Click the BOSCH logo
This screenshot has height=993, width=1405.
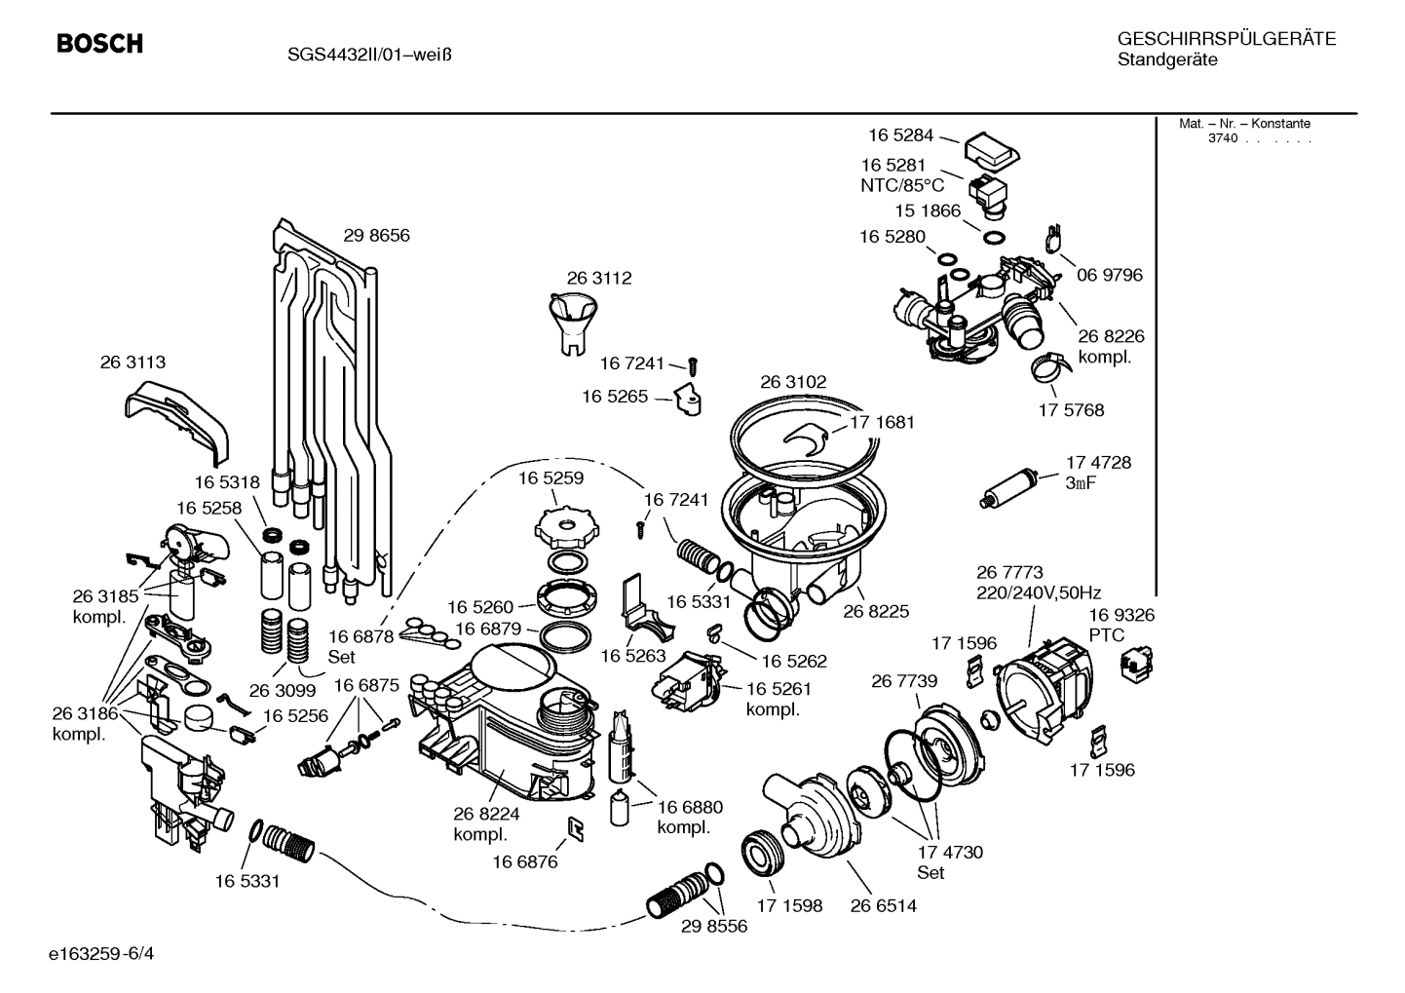pos(99,44)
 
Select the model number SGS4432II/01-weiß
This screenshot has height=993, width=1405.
pos(368,54)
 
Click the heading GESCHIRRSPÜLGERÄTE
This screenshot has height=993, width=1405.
pos(1226,39)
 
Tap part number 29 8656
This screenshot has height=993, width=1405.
pos(376,235)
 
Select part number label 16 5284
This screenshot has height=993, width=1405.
pos(901,135)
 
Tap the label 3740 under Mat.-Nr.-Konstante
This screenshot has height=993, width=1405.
pos(1222,138)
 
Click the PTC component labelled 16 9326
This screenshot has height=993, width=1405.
pos(1134,665)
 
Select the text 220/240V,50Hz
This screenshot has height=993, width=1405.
pos(1039,592)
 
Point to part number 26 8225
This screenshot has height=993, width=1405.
pos(876,611)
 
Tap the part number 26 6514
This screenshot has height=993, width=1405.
pos(883,905)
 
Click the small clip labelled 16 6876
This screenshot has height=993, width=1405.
pos(576,829)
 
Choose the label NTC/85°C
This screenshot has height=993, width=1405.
pos(902,185)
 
